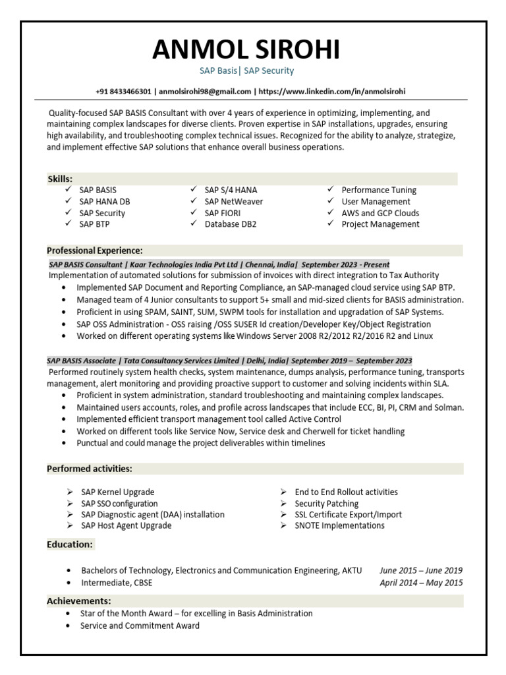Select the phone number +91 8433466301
[123, 91]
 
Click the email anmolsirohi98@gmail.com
[205, 91]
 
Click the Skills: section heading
[60, 179]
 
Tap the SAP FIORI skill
[222, 213]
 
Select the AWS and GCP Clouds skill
[379, 213]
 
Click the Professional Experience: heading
[95, 250]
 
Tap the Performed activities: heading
[90, 469]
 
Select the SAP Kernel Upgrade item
[117, 492]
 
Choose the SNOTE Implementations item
[339, 525]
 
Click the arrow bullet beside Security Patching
[282, 504]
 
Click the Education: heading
[70, 544]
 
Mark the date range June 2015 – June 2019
[421, 570]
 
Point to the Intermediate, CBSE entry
[117, 583]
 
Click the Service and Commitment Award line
[140, 626]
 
